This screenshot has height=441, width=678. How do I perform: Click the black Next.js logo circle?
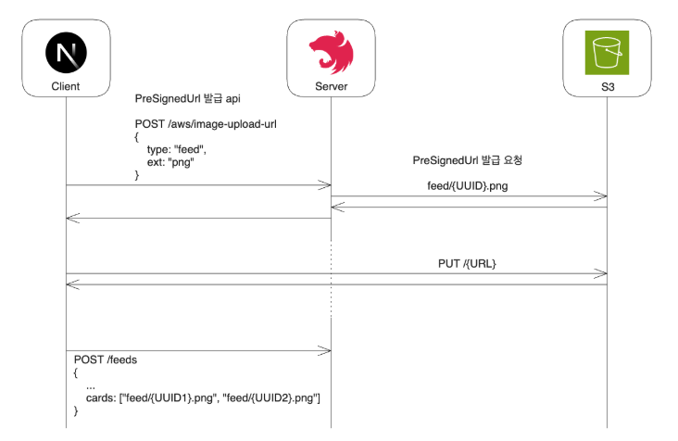66,53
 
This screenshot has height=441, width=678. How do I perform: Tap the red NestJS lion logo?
332,52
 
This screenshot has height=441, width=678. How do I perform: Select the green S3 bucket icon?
607,53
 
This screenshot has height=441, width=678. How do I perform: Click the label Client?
66,86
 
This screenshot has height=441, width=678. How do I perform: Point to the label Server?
332,86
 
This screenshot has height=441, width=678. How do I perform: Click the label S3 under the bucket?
608,87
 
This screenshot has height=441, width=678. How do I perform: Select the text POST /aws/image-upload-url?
206,124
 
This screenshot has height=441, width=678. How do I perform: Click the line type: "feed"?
176,149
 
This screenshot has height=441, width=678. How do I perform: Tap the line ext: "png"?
170,162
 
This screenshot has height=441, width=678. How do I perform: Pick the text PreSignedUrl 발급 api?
187,98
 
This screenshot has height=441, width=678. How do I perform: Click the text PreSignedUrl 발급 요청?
468,160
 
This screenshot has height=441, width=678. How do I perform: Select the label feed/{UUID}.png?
468,186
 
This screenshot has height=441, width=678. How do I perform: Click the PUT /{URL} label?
467,264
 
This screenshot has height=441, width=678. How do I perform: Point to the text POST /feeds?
105,359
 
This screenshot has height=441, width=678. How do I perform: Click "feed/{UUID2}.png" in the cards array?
271,397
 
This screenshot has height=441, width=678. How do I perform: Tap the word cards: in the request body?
101,397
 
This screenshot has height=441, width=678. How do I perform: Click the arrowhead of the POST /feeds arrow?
325,350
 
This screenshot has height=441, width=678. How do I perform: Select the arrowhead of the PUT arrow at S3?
601,273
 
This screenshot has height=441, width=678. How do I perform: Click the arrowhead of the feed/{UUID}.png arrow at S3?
601,196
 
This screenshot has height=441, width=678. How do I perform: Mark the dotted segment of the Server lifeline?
332,279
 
